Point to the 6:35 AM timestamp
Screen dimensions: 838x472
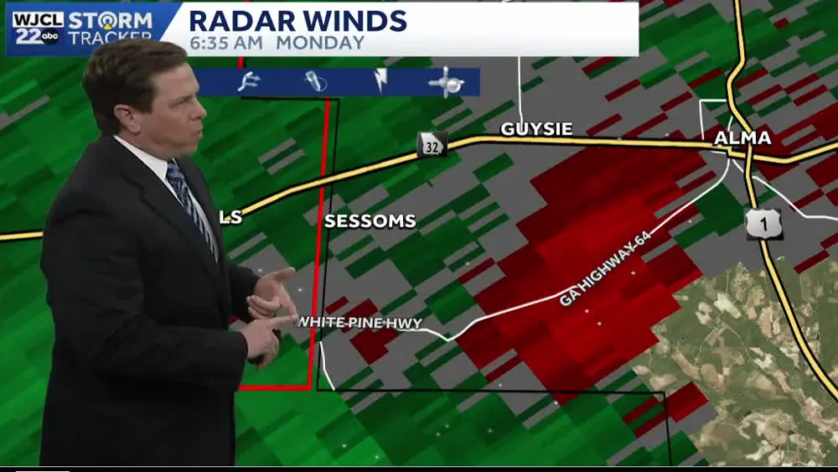tap(226, 42)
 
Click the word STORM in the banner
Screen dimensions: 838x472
tap(111, 19)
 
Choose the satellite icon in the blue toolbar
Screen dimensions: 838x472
tap(446, 82)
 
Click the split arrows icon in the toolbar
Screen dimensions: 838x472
tap(249, 81)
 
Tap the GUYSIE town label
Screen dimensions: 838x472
tap(536, 129)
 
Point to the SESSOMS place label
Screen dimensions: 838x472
tap(370, 221)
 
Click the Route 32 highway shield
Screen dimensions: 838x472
tap(432, 144)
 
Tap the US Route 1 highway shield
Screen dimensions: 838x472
tap(764, 224)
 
